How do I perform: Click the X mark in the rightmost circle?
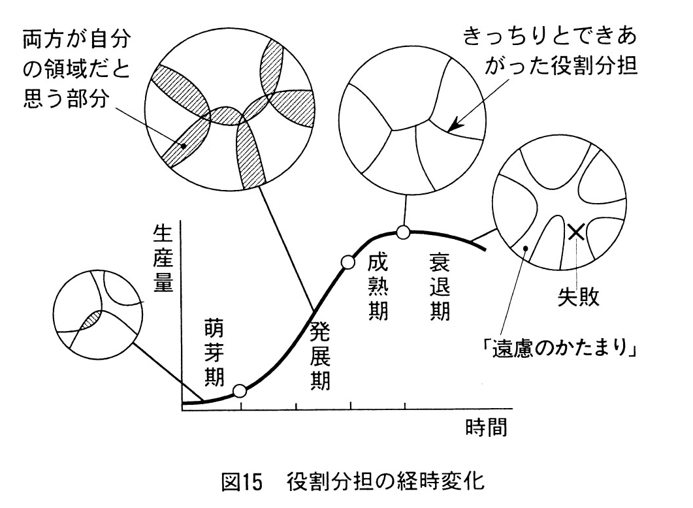click(576, 231)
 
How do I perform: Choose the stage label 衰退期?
click(439, 286)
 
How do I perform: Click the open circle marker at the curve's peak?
click(404, 231)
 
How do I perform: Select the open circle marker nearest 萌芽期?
click(240, 391)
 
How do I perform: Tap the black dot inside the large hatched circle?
click(185, 146)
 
